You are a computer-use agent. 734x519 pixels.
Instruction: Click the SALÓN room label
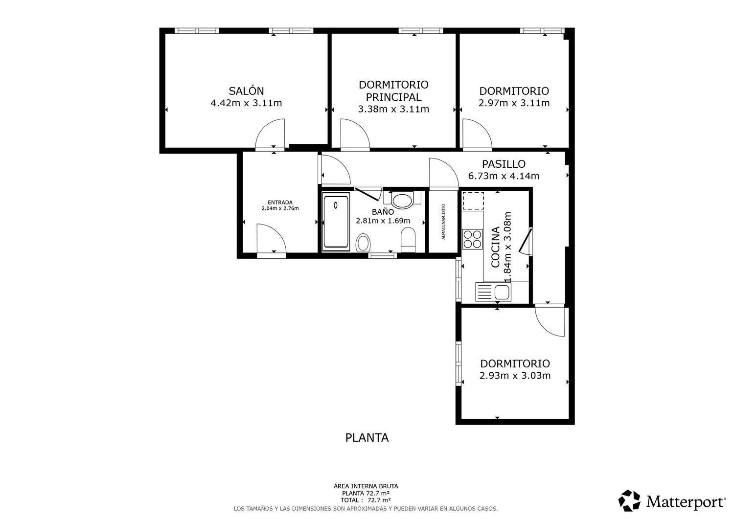tap(246, 91)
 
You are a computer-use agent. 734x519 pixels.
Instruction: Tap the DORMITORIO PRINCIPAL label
tap(393, 91)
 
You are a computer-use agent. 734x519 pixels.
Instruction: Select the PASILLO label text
tap(504, 164)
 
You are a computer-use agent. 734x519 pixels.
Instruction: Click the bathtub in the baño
tap(336, 222)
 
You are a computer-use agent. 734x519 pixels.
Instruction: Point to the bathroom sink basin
tap(402, 201)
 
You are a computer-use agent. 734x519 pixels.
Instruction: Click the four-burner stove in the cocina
tap(472, 239)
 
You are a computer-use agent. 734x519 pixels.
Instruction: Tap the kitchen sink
tap(493, 292)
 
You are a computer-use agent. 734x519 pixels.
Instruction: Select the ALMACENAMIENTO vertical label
tap(443, 222)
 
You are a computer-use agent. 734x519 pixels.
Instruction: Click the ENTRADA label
tap(280, 203)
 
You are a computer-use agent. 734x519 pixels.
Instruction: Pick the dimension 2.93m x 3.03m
tap(515, 376)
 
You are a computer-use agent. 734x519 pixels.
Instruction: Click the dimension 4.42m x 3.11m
tap(246, 103)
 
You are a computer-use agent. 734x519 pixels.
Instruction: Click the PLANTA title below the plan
tap(367, 438)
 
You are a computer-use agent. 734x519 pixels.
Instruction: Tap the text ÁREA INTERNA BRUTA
tap(366, 486)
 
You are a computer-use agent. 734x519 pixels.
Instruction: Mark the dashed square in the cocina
tap(473, 201)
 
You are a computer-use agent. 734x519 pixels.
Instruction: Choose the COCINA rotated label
tap(495, 247)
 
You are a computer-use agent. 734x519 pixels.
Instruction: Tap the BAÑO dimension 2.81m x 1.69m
tap(383, 221)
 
